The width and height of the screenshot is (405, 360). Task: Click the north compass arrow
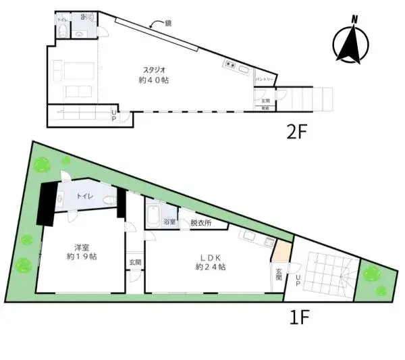coord(352,41)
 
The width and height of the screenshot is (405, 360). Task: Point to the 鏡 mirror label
coord(169,23)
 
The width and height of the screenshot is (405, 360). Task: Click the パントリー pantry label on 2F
coord(264,80)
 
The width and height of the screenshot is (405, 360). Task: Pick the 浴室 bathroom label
coord(169,222)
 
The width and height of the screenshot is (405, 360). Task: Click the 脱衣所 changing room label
coord(200,222)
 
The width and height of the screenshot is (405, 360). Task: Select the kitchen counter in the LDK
coord(256,238)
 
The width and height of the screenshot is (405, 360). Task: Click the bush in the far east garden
coord(371,274)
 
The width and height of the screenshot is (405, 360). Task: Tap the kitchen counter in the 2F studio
coord(238,67)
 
